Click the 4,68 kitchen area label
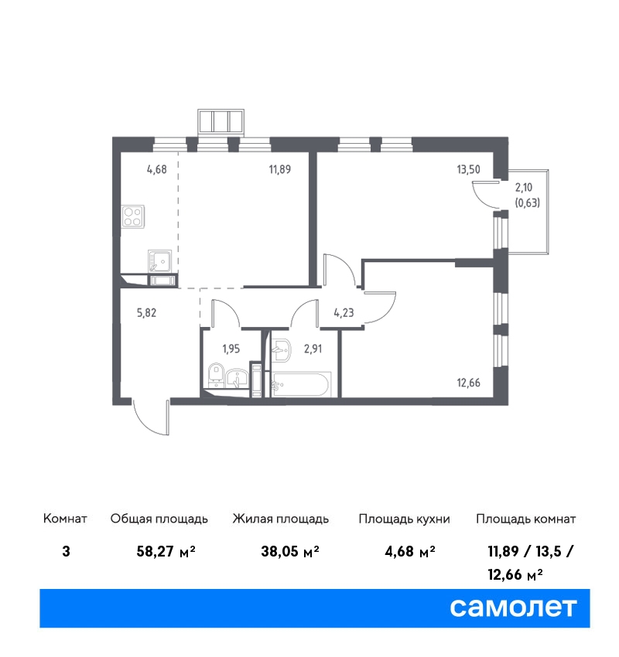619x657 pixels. coord(157,169)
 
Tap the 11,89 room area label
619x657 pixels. coord(280,169)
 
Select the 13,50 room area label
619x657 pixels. coord(468,169)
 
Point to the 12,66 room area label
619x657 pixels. coord(468,383)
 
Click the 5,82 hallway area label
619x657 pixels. coord(146,312)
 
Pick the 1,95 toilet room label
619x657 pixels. coord(231,349)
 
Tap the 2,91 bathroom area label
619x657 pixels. coord(313,349)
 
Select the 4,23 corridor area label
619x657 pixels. coord(344,312)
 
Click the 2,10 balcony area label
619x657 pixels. coord(523,187)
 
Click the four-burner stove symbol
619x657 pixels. coord(133,216)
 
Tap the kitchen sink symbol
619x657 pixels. coord(159,261)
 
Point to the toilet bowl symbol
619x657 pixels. coord(217,375)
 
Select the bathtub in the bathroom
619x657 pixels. coord(301,384)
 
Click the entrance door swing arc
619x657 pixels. coord(147,421)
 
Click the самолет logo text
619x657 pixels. coord(513,608)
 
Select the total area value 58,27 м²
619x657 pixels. coord(166,551)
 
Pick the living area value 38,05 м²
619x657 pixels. coord(290,551)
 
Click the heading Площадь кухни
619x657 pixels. coord(404,519)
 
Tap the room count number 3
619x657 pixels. coord(66,551)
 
